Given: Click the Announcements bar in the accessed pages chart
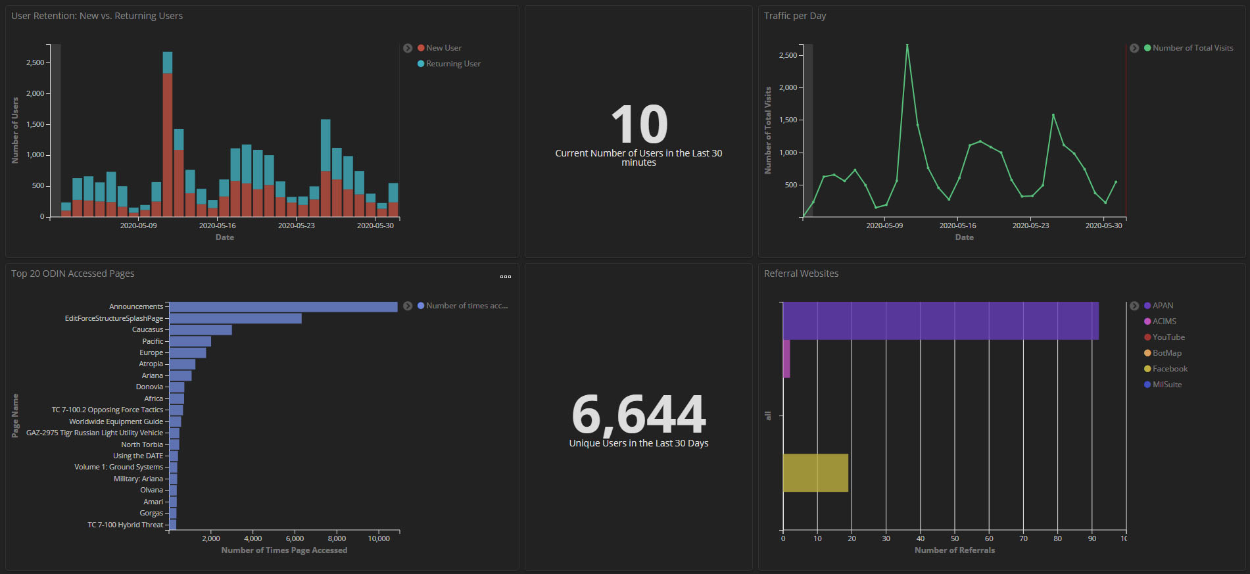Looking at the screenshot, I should (283, 307).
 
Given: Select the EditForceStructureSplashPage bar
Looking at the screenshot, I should (235, 318).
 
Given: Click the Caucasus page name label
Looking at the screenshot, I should (147, 330).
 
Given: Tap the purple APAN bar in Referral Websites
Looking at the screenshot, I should (940, 321).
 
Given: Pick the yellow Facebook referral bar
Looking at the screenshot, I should (815, 473).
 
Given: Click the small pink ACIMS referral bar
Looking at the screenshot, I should (786, 358).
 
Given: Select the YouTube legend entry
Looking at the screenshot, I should (1168, 337).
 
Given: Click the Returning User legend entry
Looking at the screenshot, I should (453, 64).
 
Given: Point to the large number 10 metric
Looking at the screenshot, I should (638, 124).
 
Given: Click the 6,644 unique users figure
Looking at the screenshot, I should (638, 414).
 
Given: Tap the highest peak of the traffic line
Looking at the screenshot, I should (907, 45).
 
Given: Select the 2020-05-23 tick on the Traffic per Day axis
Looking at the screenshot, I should (1030, 226).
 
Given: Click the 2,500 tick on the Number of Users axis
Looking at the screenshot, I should (35, 62).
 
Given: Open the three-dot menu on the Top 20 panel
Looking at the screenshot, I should (505, 277).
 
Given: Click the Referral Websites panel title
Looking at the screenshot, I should (801, 274).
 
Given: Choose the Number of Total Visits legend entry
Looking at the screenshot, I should (1192, 48).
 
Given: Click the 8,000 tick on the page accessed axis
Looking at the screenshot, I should (337, 538).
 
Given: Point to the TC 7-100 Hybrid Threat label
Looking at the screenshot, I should (125, 525).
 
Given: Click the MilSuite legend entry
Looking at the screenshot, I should (1166, 385).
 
